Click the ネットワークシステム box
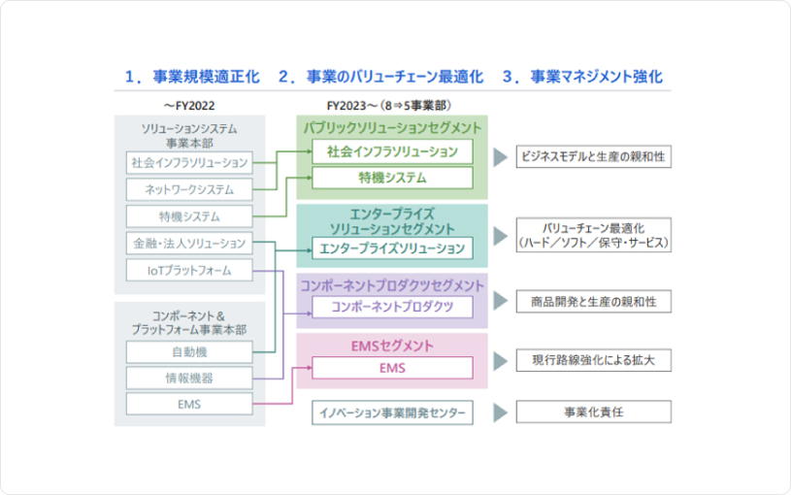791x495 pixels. (189, 189)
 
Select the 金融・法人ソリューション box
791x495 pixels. (189, 243)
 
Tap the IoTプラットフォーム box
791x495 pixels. (189, 270)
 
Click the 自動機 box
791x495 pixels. (189, 351)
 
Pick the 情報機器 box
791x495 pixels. (189, 378)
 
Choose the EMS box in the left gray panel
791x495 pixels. (189, 404)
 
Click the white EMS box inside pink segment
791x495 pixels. (392, 368)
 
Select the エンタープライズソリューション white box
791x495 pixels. (392, 248)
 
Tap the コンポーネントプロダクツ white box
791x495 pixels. (392, 307)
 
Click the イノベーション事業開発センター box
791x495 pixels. (392, 412)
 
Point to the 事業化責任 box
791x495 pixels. (593, 412)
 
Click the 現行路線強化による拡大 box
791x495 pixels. (593, 360)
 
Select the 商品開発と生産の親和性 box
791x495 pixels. (593, 302)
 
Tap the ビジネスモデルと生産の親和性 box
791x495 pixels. (593, 156)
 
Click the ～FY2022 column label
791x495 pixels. (188, 104)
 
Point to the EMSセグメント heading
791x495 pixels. (392, 346)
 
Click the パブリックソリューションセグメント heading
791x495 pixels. (392, 128)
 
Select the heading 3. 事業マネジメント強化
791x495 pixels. (582, 77)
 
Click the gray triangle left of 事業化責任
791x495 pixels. (500, 412)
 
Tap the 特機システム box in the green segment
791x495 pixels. (392, 178)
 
